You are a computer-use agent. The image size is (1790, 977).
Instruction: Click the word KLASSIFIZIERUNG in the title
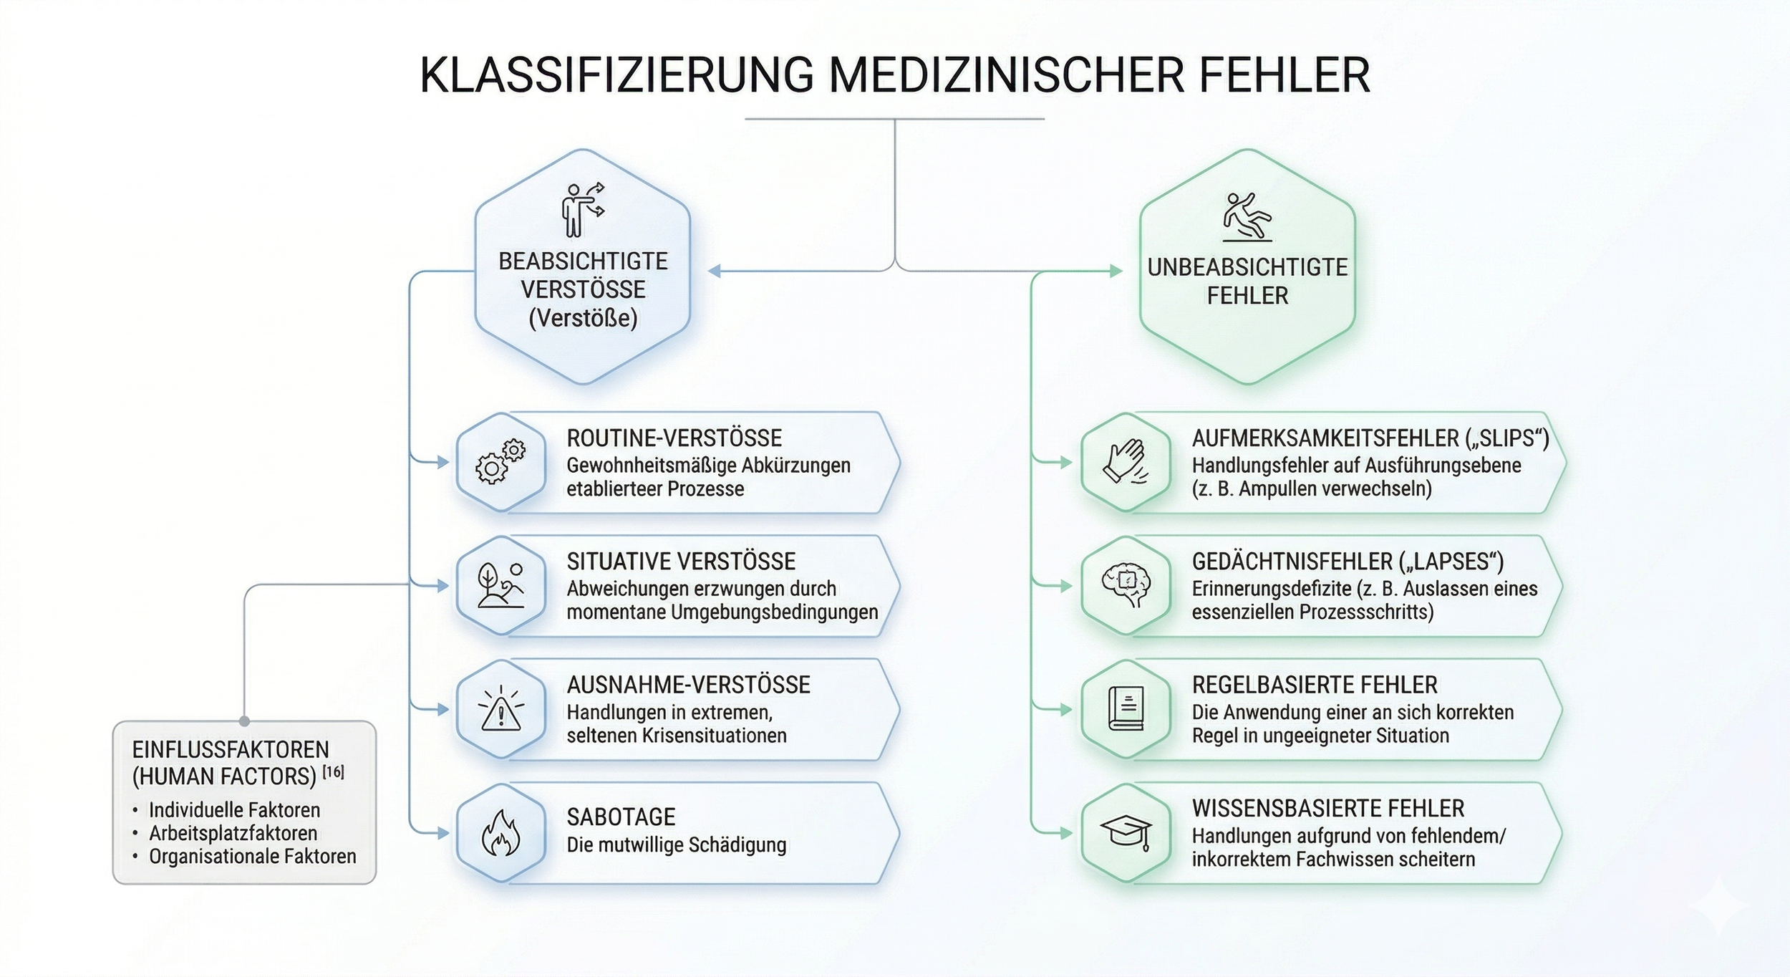[x=616, y=74]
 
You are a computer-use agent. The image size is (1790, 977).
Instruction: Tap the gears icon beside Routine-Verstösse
[x=500, y=462]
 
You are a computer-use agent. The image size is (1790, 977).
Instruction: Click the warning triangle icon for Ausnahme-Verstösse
[x=500, y=709]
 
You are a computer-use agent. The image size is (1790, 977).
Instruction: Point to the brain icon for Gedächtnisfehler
[x=1126, y=585]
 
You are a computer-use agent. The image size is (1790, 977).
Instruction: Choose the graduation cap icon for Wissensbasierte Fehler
[x=1126, y=833]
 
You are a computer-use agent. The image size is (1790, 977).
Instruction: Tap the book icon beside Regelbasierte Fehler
[x=1126, y=709]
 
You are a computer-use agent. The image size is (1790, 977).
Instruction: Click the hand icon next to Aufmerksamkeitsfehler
[x=1126, y=462]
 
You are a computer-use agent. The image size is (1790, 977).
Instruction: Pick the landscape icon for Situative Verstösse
[x=500, y=585]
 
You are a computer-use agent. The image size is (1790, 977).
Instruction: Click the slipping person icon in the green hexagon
[x=1247, y=216]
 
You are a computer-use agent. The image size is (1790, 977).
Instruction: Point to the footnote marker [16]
[x=333, y=772]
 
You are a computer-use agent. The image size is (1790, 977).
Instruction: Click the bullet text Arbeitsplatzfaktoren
[x=233, y=833]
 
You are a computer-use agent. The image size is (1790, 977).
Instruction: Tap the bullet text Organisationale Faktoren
[x=252, y=856]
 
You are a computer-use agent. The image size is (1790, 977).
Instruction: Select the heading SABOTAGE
[x=621, y=817]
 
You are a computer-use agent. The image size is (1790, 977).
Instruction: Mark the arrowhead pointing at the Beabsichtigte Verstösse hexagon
[x=714, y=271]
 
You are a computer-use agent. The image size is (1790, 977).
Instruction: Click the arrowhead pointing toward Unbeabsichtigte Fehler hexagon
[x=1116, y=271]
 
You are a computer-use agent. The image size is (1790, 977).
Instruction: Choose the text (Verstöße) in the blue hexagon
[x=583, y=318]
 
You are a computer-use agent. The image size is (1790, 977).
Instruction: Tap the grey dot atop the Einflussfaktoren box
[x=245, y=721]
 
